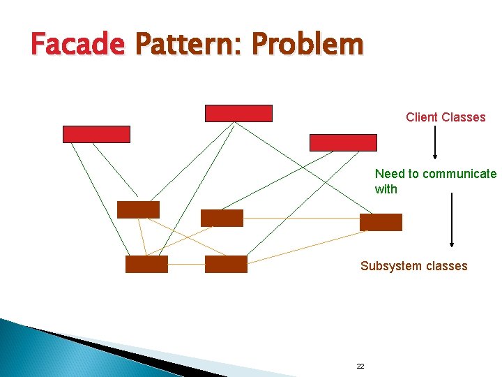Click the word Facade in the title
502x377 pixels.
pos(77,45)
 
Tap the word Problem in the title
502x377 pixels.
pos(307,45)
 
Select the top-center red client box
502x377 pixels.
pos(238,113)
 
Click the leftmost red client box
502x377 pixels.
pos(96,134)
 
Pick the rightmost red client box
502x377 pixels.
pos(343,142)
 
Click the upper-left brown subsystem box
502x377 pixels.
pos(138,209)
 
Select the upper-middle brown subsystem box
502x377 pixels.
pos(222,218)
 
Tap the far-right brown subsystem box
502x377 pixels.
pos(381,222)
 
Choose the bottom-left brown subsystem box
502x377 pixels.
pos(146,264)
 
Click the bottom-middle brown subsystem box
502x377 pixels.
pos(226,264)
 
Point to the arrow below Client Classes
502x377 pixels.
pos(435,143)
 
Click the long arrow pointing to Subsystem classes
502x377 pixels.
pos(452,220)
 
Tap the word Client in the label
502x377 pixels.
pos(422,117)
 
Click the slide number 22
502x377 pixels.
pos(360,366)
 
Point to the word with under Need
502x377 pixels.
pos(386,189)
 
